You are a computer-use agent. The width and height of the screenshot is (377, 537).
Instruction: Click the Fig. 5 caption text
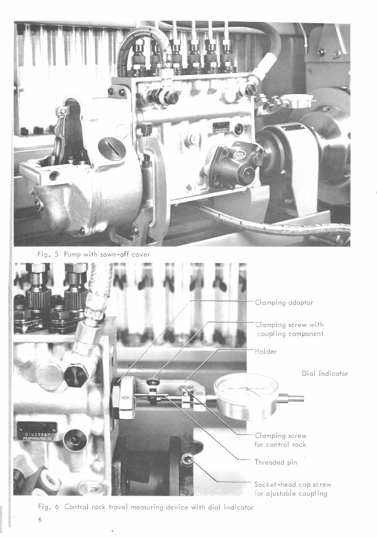tap(94, 254)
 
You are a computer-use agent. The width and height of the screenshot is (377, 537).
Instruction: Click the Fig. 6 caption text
tap(146, 507)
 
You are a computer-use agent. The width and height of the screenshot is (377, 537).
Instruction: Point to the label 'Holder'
tap(266, 351)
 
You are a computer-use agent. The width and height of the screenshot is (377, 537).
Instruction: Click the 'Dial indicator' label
tap(324, 374)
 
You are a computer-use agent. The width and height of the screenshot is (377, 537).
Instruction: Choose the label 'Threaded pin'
tap(275, 462)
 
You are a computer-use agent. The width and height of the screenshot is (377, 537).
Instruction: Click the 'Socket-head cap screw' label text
tap(292, 484)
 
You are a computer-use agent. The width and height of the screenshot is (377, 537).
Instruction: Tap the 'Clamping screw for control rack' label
tap(280, 440)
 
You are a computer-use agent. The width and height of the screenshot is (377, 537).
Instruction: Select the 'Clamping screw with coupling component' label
tap(289, 329)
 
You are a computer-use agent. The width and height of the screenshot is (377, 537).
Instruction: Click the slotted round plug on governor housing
tap(112, 148)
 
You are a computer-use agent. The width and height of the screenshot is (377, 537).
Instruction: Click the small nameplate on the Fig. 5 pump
tap(222, 128)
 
